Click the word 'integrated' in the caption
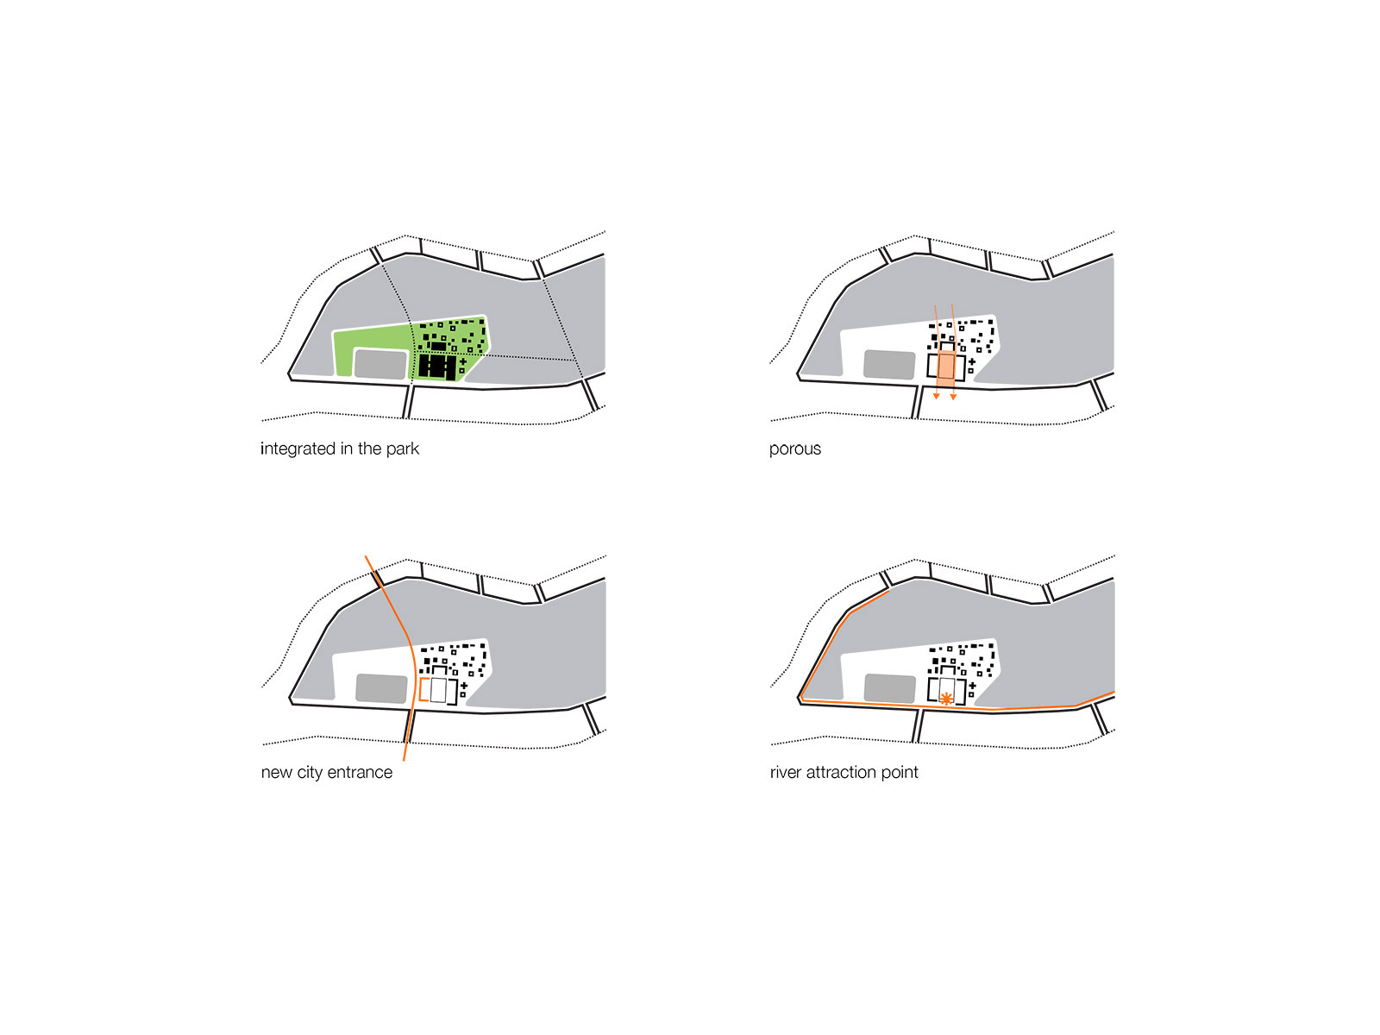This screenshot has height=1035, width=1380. (x=298, y=449)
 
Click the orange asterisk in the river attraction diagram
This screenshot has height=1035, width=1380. (x=945, y=698)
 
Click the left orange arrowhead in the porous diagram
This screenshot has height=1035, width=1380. (x=936, y=397)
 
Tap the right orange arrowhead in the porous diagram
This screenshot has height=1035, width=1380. (x=953, y=397)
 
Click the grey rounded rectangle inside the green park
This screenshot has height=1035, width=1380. (x=380, y=365)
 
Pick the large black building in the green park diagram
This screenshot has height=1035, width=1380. (x=437, y=367)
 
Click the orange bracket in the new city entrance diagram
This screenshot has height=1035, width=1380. (x=421, y=690)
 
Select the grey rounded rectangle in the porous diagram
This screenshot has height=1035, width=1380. (x=889, y=365)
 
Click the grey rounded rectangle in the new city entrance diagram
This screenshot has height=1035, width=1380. (x=381, y=688)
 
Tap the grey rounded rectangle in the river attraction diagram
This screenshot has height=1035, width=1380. (x=889, y=688)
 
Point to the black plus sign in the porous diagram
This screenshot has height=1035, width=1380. (x=972, y=362)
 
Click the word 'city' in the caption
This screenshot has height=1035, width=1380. (x=310, y=773)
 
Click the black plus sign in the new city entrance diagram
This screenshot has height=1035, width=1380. (x=464, y=686)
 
